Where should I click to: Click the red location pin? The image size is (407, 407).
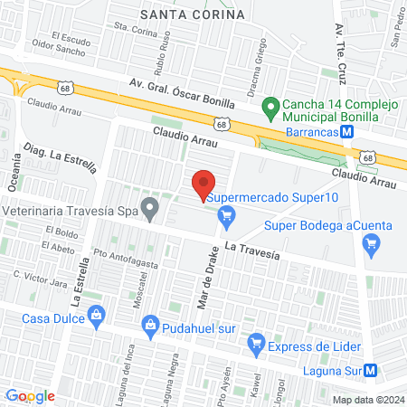[x=204, y=184]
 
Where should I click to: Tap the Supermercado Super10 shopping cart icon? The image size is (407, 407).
[x=226, y=214]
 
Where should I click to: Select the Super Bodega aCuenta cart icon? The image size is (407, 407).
[x=369, y=242]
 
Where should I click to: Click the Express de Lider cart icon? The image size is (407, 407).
[x=256, y=343]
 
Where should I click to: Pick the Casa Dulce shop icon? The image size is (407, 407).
[x=99, y=316]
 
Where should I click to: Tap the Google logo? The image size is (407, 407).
[x=30, y=395]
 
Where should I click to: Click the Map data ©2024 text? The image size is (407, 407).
[x=366, y=400]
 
